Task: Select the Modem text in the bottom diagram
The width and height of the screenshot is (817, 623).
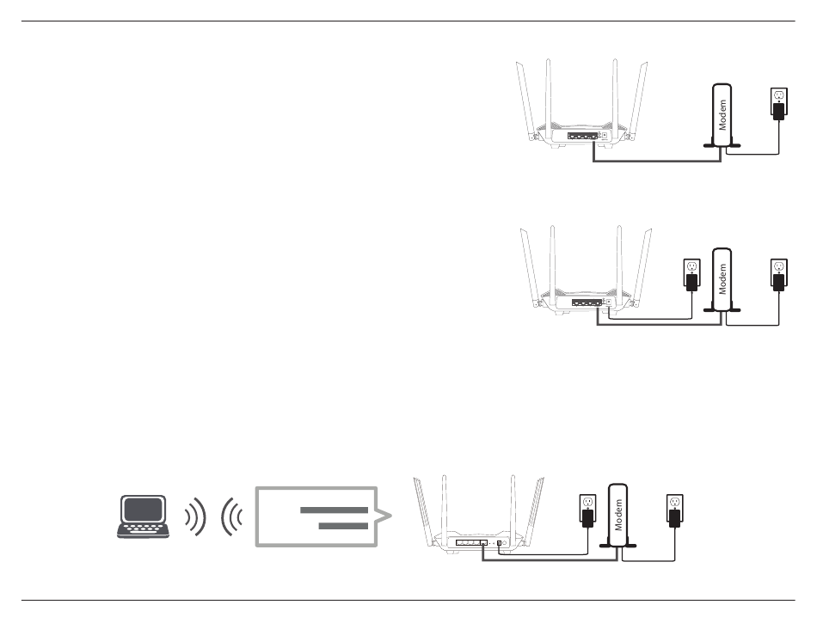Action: [x=617, y=515]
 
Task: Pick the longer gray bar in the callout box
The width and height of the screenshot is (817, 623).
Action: [x=334, y=510]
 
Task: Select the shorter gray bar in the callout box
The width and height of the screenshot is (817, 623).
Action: [x=343, y=526]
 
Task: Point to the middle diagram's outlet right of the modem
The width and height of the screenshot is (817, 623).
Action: [x=779, y=273]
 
